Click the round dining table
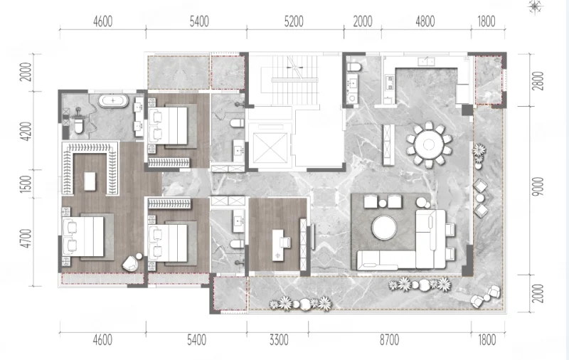pos(429,144)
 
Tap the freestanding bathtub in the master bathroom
pos(114,100)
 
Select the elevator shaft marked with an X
pos(270,148)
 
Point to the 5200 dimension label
pos(294,22)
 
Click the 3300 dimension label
pos(279,340)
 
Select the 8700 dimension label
pos(389,340)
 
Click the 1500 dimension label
pos(26,184)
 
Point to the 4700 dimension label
pos(26,238)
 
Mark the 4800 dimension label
pos(425,22)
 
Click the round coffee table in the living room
pos(384,228)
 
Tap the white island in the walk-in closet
pos(90,181)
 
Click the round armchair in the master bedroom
pos(132,263)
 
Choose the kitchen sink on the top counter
pos(426,62)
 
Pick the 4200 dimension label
pos(26,132)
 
